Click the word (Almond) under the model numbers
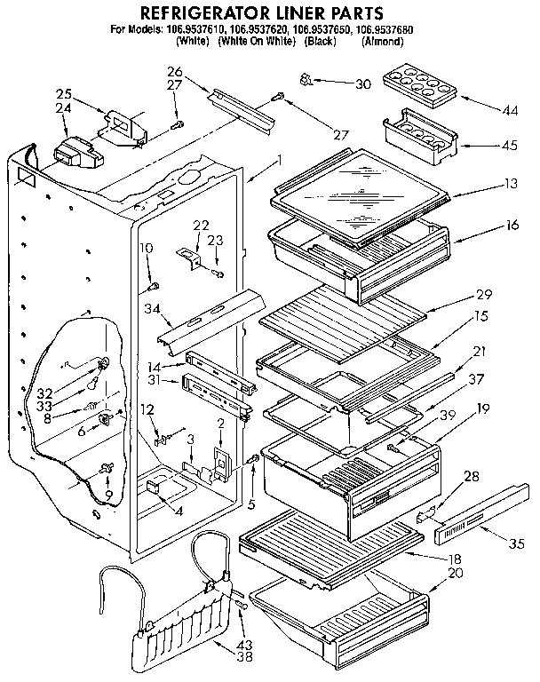[x=383, y=41]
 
